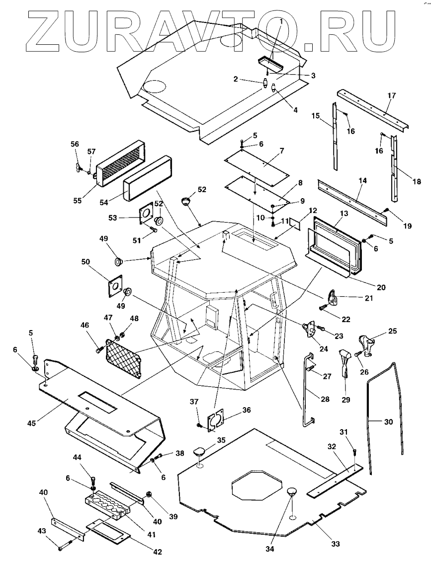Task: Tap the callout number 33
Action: point(336,544)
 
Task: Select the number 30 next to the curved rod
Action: point(388,422)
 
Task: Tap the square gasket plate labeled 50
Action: point(117,286)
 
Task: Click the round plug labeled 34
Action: point(291,493)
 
